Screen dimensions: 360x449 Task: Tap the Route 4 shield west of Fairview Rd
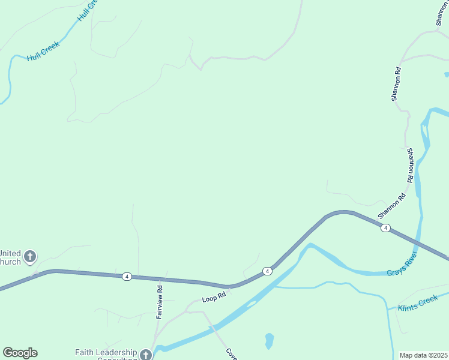tap(127, 276)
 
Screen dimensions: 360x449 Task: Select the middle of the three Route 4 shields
tap(267, 272)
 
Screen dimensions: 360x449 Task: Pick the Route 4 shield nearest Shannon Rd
tap(385, 227)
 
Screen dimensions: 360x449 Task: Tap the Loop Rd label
tap(214, 296)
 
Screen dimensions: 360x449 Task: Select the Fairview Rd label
tap(160, 302)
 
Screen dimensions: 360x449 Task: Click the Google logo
tap(20, 353)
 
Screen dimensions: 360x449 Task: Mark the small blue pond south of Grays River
tap(269, 340)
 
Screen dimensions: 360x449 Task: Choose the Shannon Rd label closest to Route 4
tap(391, 206)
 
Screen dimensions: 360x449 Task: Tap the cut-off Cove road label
tap(231, 353)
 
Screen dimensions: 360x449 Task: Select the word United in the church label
tap(11, 253)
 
